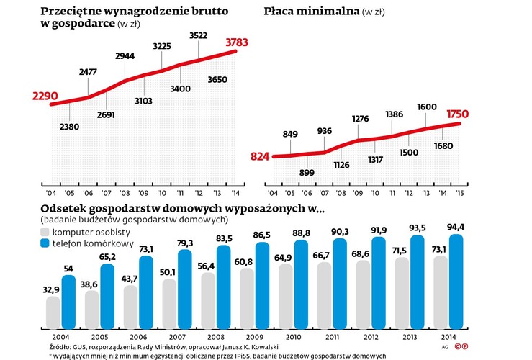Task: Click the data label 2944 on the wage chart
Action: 125,55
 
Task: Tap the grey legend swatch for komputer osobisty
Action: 45,232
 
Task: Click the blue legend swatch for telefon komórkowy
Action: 45,244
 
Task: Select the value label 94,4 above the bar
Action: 456,228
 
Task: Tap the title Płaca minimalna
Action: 308,12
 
